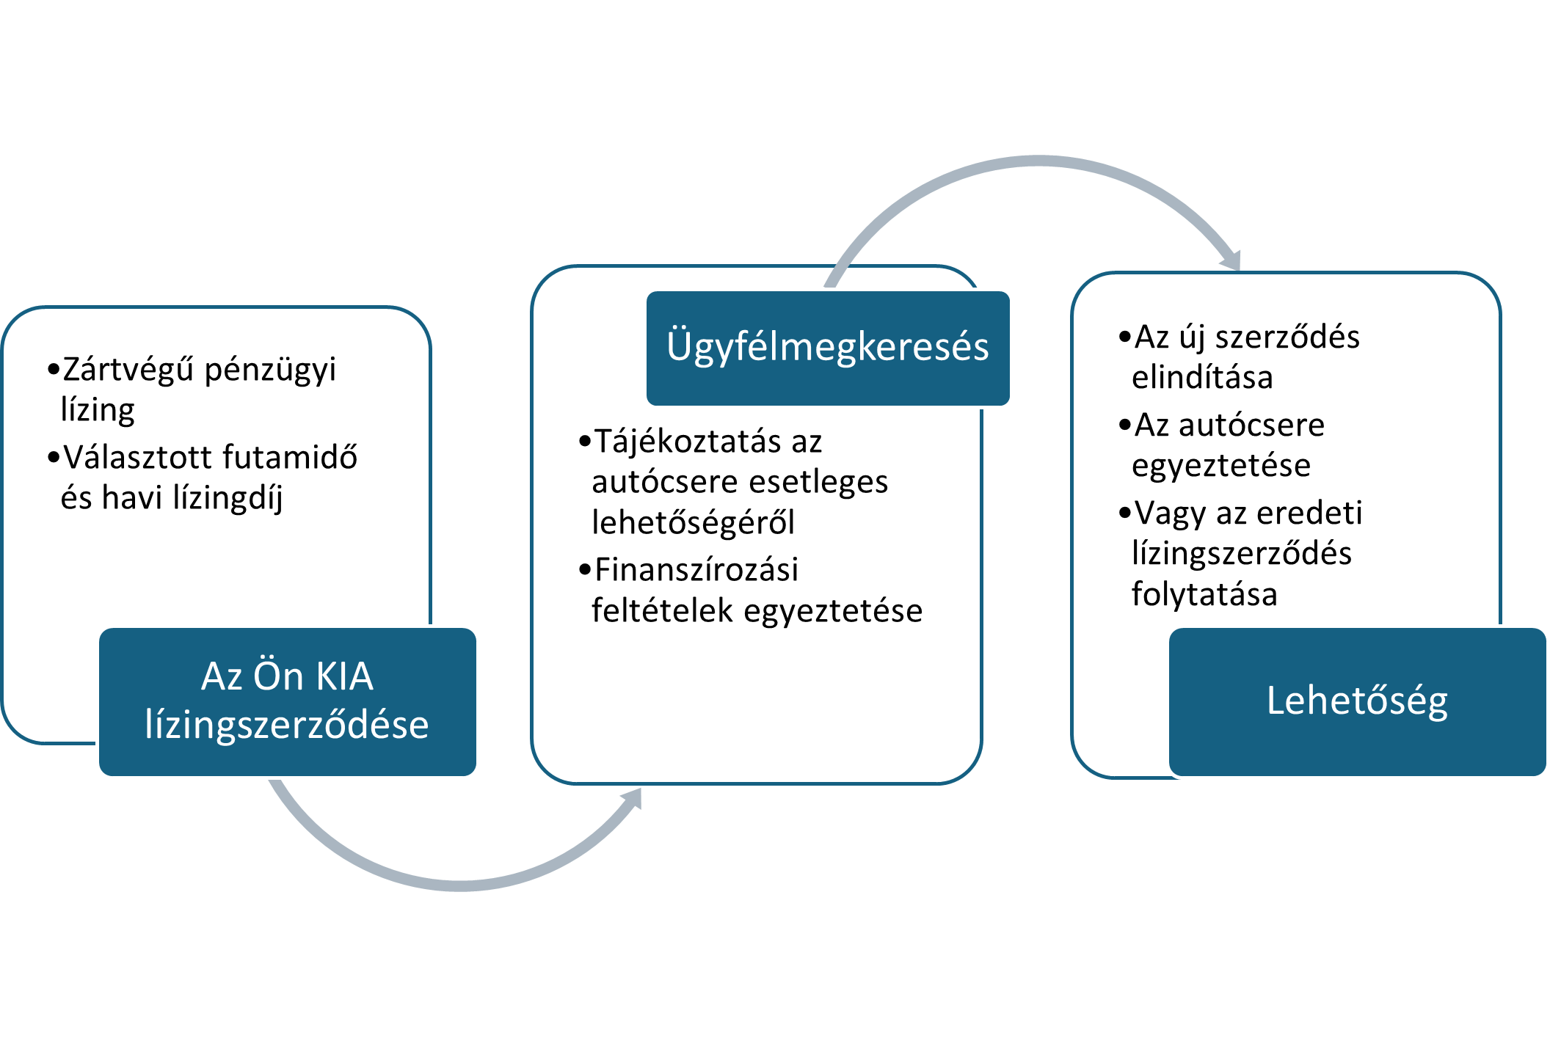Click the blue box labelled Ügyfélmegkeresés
(x=829, y=348)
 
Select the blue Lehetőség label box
(x=1358, y=701)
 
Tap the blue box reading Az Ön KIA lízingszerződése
(x=288, y=701)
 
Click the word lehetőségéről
(x=693, y=522)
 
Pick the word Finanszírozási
(x=696, y=569)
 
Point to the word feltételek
(x=661, y=610)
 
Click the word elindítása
(x=1202, y=377)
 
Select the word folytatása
(x=1204, y=593)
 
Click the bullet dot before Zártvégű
(x=53, y=369)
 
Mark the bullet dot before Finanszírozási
(x=584, y=570)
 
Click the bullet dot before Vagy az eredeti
(x=1124, y=513)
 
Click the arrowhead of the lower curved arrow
(x=633, y=798)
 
